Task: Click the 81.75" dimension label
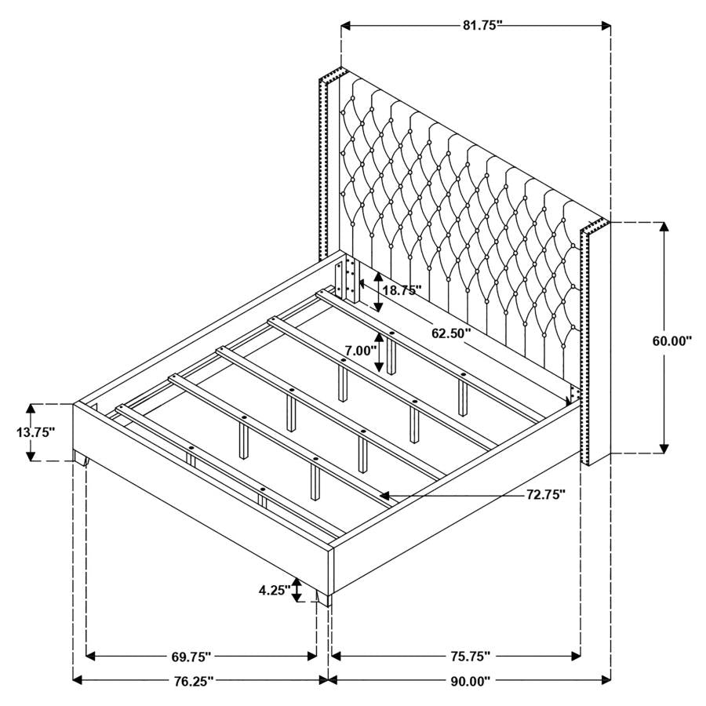click(x=481, y=25)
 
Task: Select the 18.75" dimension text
click(x=402, y=289)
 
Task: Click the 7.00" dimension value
click(x=362, y=351)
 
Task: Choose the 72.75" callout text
click(x=545, y=495)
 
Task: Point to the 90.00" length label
click(x=471, y=681)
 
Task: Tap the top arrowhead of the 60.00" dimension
click(x=664, y=227)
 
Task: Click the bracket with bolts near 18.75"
click(x=347, y=281)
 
